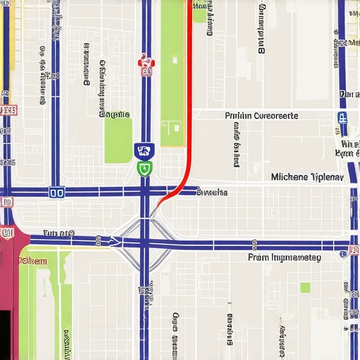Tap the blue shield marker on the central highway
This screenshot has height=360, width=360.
(x=144, y=150)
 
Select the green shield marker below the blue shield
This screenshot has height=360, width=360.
(x=144, y=168)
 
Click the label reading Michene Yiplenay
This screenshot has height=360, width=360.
(x=307, y=177)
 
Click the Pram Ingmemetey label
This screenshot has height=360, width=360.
(x=284, y=258)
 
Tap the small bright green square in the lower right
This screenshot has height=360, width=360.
(x=305, y=287)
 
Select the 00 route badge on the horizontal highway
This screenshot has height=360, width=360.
(x=57, y=192)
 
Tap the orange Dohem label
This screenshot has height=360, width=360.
(x=32, y=261)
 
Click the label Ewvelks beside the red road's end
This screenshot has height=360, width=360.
(x=212, y=191)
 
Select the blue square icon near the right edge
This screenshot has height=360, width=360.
(x=342, y=118)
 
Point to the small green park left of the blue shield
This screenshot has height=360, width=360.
(x=118, y=141)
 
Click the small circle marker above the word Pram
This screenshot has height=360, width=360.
(x=253, y=244)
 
